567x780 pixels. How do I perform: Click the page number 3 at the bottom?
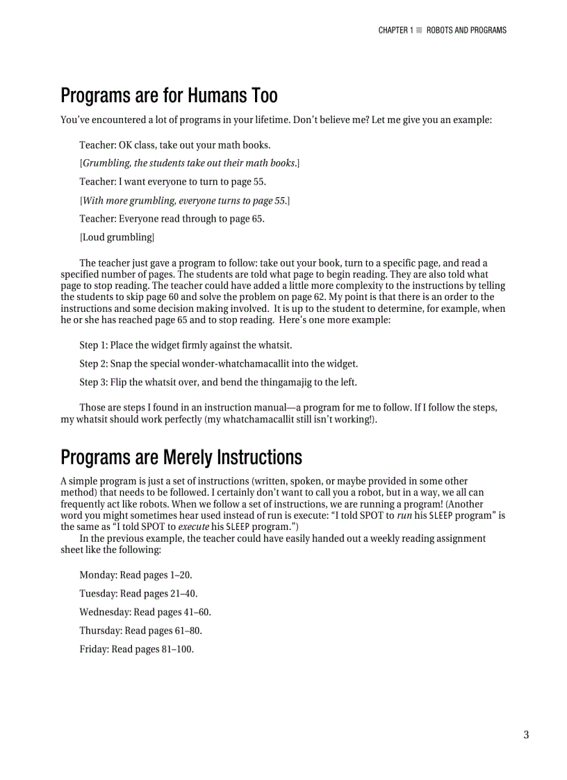click(526, 735)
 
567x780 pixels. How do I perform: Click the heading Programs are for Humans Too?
click(169, 95)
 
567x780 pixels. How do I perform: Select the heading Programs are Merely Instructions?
click(181, 457)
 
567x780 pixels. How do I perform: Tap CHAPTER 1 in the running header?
click(395, 31)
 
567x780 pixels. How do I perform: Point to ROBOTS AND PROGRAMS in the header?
click(466, 31)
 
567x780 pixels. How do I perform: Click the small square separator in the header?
click(419, 31)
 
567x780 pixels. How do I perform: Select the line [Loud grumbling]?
click(117, 238)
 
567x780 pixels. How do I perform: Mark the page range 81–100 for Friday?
click(178, 649)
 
